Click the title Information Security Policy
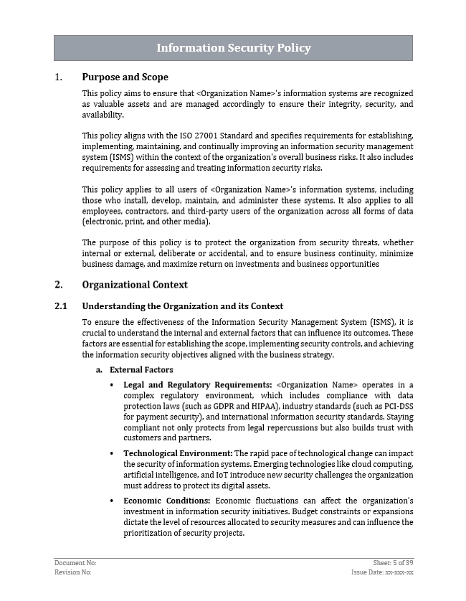coord(233,48)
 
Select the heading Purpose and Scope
coord(125,77)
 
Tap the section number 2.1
coord(61,306)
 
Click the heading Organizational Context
coord(135,285)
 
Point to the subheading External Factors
coord(141,370)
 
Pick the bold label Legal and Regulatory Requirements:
coord(197,384)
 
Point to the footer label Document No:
coord(75,564)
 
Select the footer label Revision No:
coord(73,573)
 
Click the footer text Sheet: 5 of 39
coord(394,564)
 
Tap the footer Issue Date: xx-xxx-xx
coord(382,573)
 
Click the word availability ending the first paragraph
coord(103,115)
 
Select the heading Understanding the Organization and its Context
coord(182,306)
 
